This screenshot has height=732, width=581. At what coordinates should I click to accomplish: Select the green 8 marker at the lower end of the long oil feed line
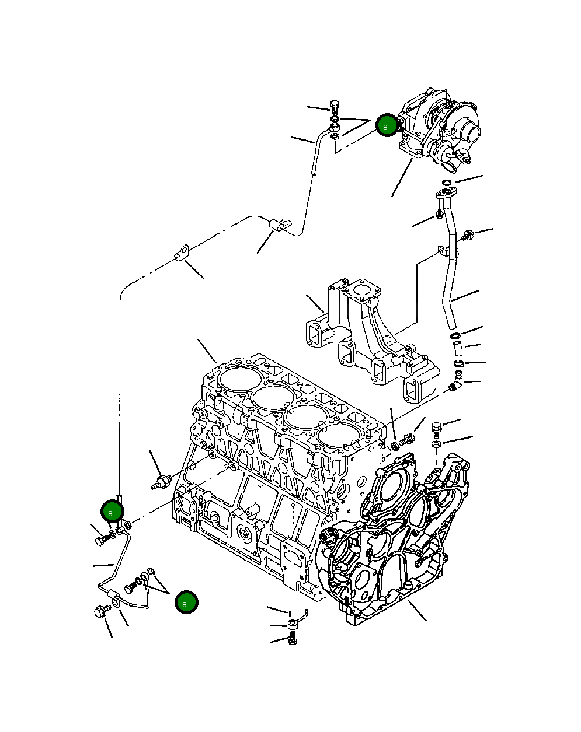111,512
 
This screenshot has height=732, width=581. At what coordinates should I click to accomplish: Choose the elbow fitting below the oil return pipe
457,384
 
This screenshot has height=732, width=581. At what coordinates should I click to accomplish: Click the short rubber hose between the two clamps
458,349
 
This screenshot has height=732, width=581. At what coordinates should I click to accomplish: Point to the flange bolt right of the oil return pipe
467,236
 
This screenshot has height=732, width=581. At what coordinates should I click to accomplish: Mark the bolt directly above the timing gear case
436,429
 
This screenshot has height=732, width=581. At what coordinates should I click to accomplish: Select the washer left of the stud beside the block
394,446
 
